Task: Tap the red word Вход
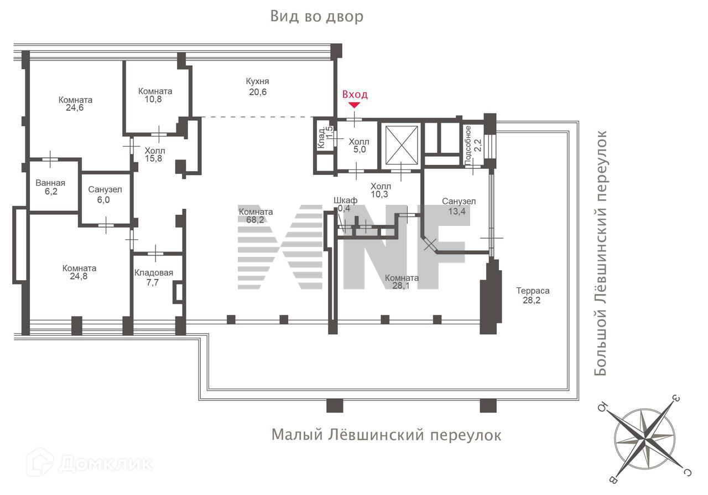355,94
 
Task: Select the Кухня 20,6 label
258,86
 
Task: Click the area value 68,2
255,219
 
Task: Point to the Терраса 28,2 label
533,295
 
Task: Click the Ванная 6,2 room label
50,187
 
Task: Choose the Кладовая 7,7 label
154,277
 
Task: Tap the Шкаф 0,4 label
345,204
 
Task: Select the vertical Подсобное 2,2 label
473,145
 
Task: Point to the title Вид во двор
317,17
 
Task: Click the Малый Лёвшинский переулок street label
386,435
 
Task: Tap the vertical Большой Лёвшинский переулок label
600,253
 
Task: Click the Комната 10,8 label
155,95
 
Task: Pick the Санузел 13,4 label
459,206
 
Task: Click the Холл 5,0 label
359,145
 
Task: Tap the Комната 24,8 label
79,272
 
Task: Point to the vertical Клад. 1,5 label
325,137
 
